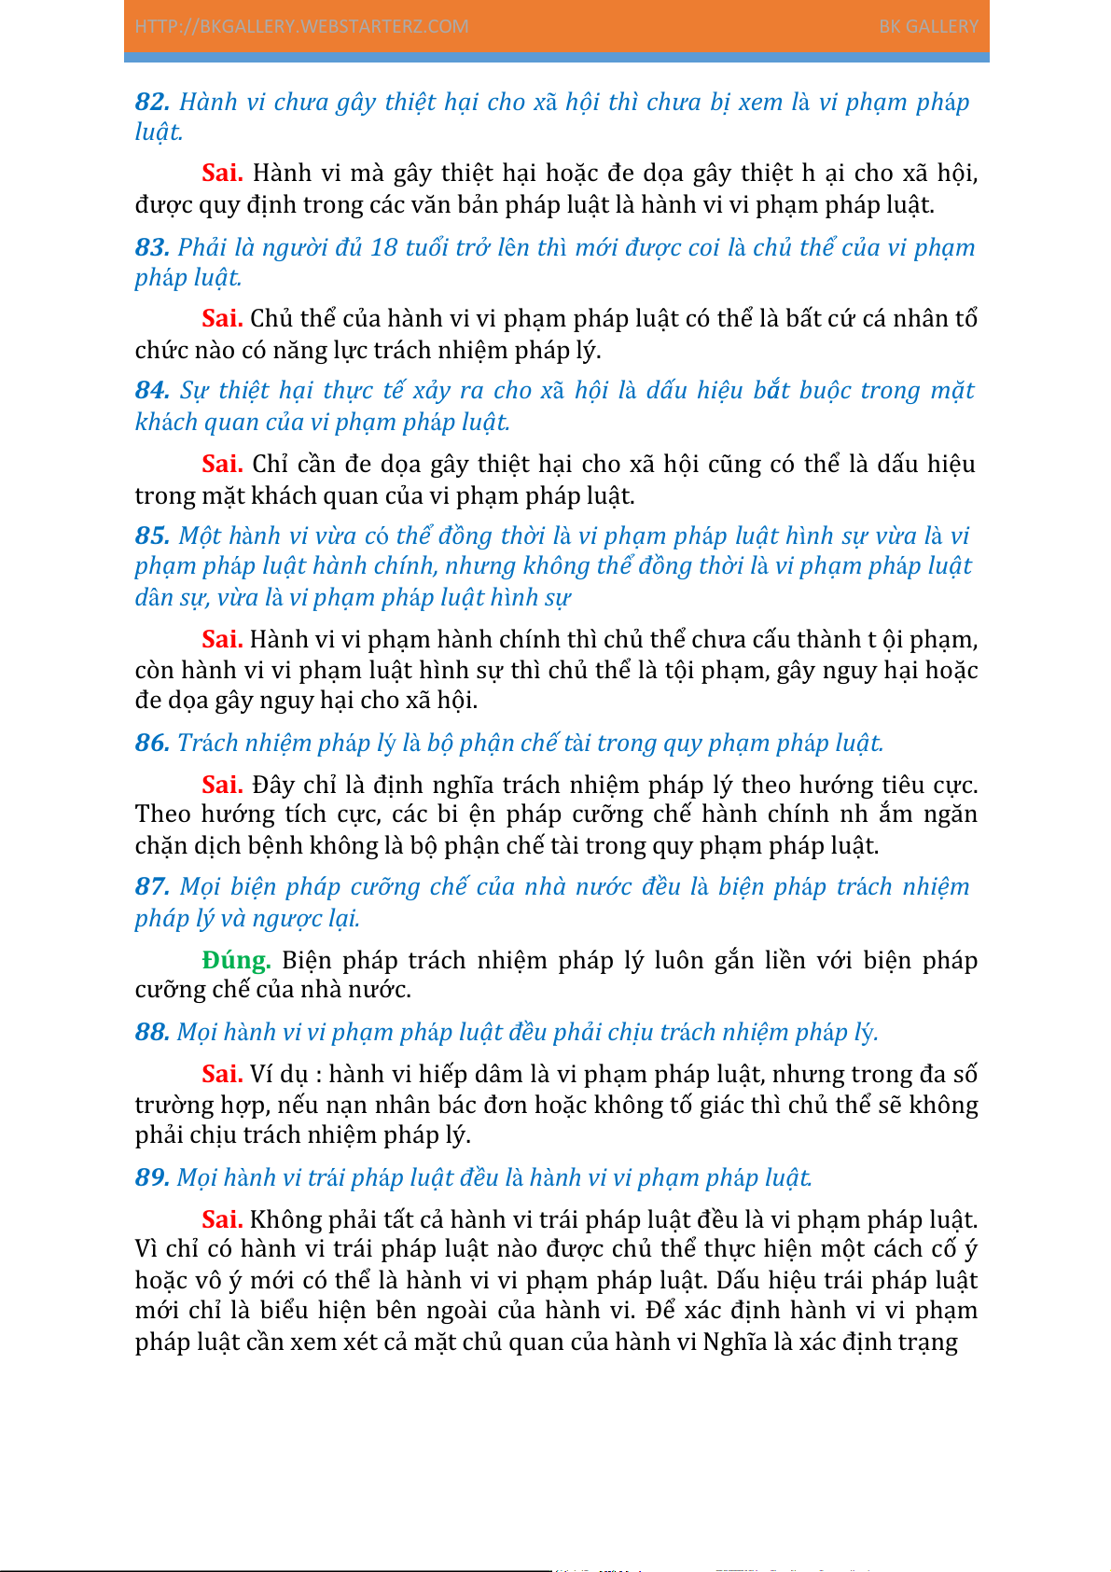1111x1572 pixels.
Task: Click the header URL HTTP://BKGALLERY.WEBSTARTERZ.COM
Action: (301, 26)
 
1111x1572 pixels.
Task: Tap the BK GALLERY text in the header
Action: (928, 26)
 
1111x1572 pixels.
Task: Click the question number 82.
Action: (152, 102)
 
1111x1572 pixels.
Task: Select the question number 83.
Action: (152, 247)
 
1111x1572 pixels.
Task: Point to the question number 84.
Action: (152, 390)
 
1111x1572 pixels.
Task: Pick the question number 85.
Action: (152, 536)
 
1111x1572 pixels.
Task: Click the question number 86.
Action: (152, 743)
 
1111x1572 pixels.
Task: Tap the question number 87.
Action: (152, 886)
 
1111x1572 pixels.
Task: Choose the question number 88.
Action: (152, 1032)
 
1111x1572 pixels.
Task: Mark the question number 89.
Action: (152, 1177)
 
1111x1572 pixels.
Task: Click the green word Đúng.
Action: (236, 960)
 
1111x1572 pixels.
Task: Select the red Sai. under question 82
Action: (222, 173)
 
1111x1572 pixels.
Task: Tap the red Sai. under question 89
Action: (222, 1219)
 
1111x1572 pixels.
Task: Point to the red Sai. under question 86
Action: (222, 785)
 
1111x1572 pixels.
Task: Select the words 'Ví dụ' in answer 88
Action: (279, 1074)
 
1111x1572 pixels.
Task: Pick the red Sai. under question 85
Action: (222, 639)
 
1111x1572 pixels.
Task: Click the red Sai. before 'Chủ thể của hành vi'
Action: (222, 318)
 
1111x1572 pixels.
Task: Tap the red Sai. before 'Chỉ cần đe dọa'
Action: (222, 464)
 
